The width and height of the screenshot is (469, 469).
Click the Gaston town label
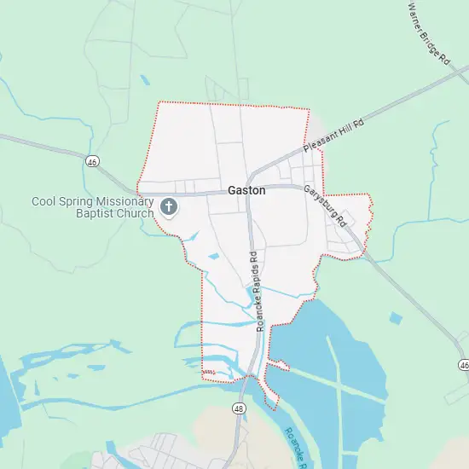[246, 191]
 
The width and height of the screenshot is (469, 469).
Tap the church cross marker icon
[169, 206]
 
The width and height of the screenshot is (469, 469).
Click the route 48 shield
[237, 409]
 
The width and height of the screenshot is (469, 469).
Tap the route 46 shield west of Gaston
[91, 159]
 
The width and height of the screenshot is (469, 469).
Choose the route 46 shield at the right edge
[463, 365]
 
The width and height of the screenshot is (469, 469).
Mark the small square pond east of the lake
[395, 319]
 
